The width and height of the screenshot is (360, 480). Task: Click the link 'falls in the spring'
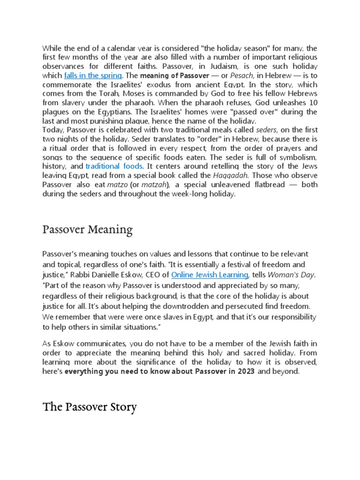(x=93, y=75)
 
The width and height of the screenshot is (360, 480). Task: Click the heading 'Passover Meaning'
(x=88, y=230)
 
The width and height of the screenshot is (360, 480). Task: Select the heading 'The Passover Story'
(x=90, y=407)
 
